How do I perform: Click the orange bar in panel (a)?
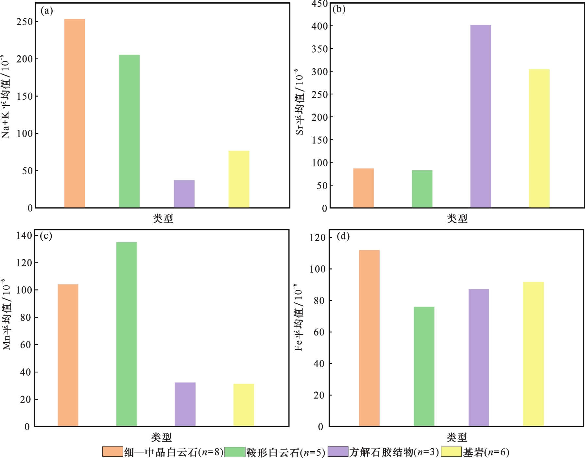coord(75,113)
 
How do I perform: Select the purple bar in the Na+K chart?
coord(184,194)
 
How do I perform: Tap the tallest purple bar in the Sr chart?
coord(481,116)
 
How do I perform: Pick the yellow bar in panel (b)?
coord(539,138)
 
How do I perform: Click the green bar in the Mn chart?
coord(127,334)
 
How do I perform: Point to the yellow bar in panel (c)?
coord(244,405)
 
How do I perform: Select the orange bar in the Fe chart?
coord(369,338)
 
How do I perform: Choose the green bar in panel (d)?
coord(424,366)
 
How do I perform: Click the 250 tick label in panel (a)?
coord(25,22)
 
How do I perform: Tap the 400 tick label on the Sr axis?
coord(320,26)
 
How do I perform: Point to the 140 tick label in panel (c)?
coord(24,235)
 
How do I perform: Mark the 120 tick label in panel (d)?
coord(318,238)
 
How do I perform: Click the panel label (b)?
coord(339,9)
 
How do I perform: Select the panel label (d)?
coord(343,236)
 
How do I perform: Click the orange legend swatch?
coord(112,451)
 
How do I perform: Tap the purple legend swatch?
coord(338,451)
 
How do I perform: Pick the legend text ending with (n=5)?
coord(286,452)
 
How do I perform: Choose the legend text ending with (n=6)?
coord(486,452)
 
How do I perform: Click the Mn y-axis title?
coord(7,314)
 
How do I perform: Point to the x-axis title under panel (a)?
coord(163,218)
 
